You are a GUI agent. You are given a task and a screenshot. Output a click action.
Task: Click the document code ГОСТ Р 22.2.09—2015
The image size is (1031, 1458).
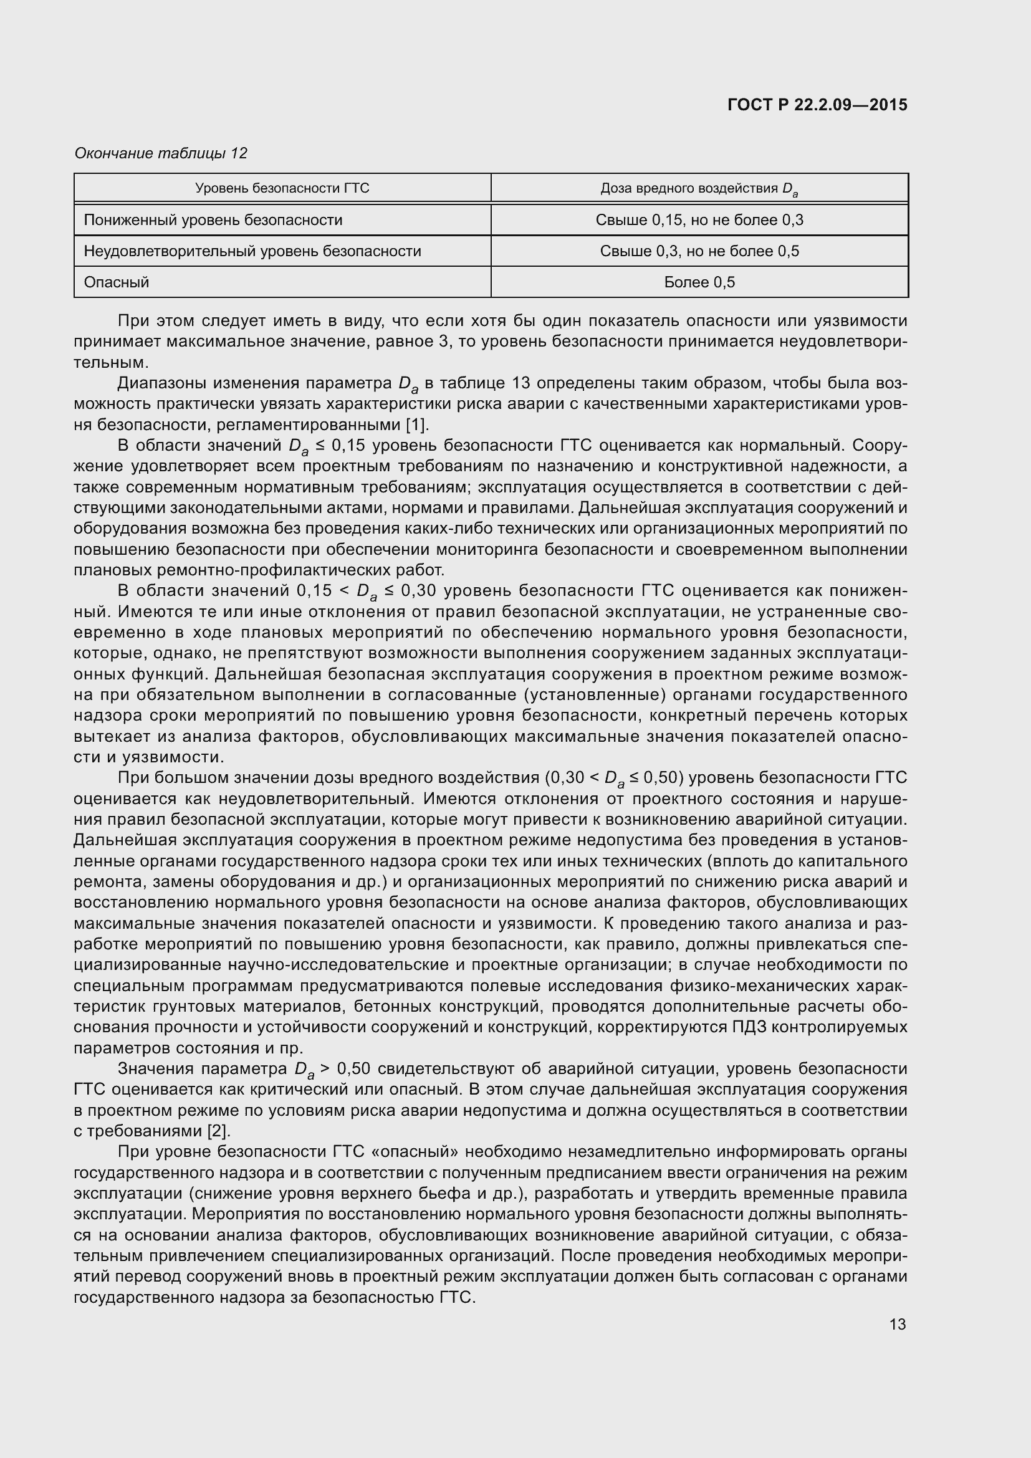point(817,105)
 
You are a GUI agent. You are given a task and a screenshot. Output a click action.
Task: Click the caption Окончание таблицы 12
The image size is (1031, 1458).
point(161,153)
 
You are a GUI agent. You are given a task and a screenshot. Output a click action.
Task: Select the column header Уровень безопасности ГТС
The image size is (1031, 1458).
point(282,188)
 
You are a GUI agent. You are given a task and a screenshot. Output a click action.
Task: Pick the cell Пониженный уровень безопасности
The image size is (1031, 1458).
point(213,219)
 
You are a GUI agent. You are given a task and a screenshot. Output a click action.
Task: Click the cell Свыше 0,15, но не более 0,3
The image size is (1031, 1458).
point(699,219)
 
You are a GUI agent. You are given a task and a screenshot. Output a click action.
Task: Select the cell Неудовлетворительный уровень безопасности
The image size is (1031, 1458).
point(252,251)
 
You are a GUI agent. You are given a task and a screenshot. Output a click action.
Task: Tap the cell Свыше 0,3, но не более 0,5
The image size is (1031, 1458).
point(699,251)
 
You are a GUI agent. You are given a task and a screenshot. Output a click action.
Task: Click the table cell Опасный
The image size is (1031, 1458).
point(116,282)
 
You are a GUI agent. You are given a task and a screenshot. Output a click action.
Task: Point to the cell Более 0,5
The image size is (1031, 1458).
point(699,282)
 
